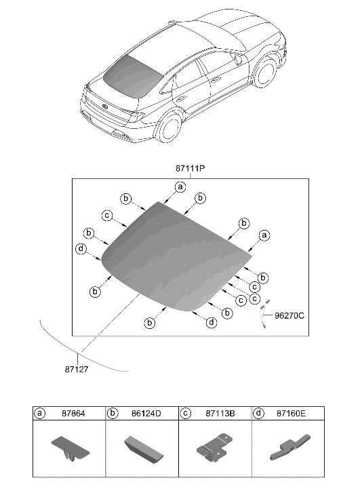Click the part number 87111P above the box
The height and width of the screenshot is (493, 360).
click(x=191, y=167)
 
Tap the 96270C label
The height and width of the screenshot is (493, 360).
click(x=289, y=315)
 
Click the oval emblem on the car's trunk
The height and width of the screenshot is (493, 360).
click(x=106, y=105)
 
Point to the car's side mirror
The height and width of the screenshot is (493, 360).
click(x=240, y=60)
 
